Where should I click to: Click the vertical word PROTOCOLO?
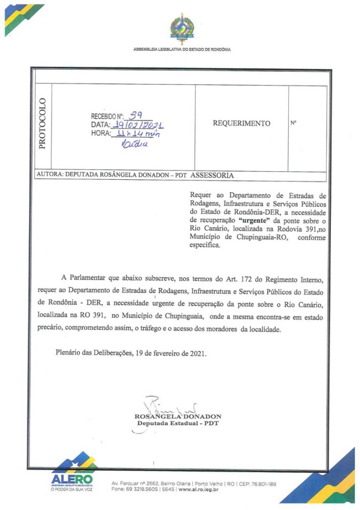43,123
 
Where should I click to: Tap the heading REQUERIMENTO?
241,123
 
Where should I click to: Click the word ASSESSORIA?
212,175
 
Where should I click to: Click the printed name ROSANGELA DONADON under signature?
178,416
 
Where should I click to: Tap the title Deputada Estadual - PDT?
178,423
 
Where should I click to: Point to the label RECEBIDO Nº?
107,117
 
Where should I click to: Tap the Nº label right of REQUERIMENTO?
293,123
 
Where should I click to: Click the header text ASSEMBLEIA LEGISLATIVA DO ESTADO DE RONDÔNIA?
182,49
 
